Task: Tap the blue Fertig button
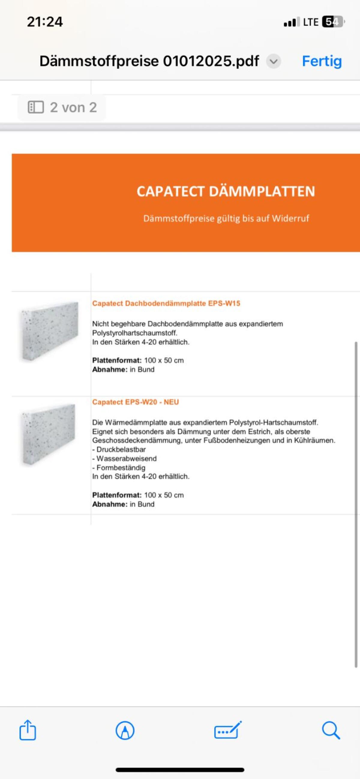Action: (322, 61)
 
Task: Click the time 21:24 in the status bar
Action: (45, 22)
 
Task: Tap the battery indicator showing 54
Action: (333, 22)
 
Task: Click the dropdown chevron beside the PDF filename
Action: (274, 61)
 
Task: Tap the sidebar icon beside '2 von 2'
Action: (36, 107)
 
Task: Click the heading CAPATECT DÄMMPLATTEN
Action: (226, 191)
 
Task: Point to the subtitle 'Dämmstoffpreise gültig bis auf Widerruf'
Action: (226, 218)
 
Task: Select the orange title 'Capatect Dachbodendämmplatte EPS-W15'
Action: (166, 303)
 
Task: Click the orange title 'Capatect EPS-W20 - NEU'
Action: (136, 402)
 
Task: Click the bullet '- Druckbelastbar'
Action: (119, 449)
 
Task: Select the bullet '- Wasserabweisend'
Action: (124, 458)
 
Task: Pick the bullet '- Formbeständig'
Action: (119, 467)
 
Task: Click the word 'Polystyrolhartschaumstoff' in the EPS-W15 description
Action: (135, 333)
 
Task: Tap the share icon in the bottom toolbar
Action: (28, 730)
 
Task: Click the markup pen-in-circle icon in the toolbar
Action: (125, 730)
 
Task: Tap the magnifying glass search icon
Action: (331, 730)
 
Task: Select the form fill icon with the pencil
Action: (228, 730)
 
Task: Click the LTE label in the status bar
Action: (311, 22)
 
